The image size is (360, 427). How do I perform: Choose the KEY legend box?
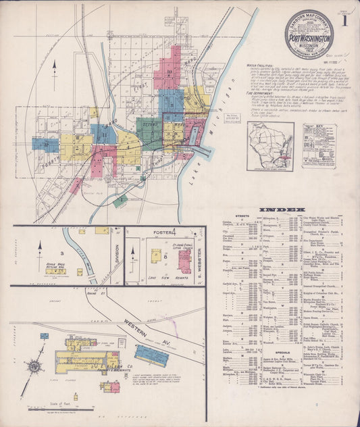[319, 145]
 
